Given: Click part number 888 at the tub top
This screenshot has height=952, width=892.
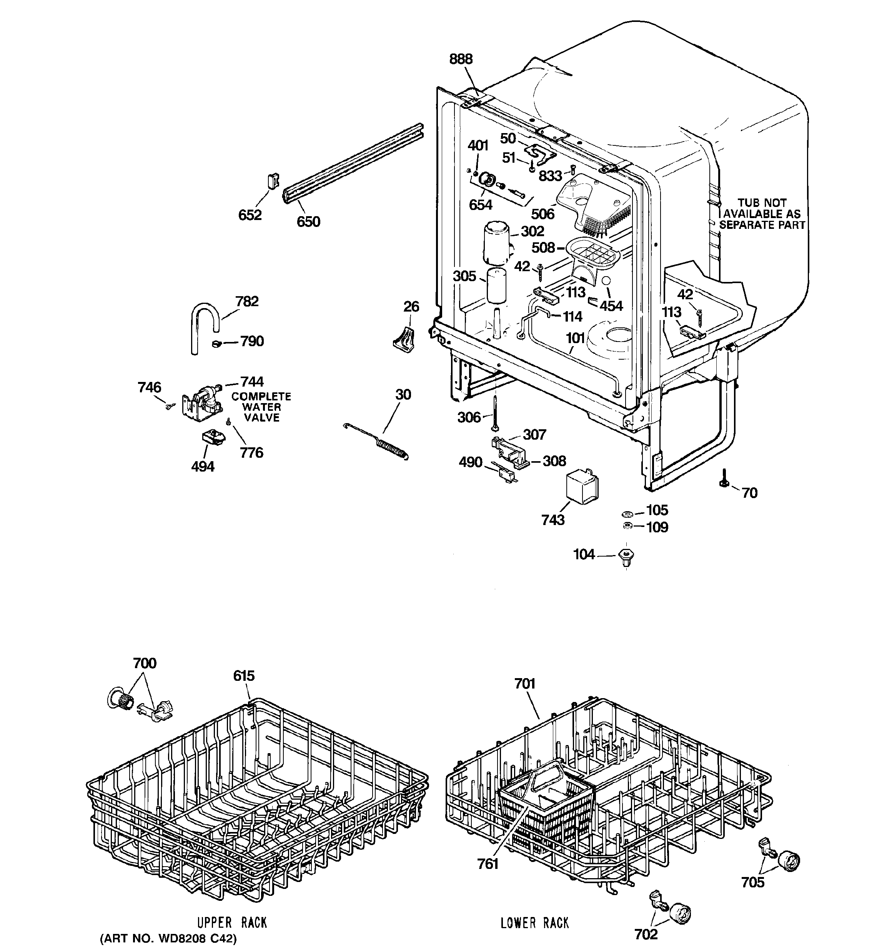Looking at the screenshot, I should point(461,59).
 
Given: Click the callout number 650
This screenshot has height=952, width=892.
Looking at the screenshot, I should point(308,222).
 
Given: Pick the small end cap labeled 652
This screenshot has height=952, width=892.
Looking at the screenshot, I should point(272,182).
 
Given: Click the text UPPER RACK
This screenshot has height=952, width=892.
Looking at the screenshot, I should point(232,922).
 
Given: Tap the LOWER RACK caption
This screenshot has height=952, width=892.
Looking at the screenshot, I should point(534,923).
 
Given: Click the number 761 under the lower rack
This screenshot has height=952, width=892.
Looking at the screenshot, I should point(488,864).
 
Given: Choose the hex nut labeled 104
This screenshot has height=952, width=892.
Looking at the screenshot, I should point(627,557).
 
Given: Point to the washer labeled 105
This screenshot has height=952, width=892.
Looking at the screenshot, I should point(627,514).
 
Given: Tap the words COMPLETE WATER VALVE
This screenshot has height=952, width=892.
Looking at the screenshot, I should point(261,407).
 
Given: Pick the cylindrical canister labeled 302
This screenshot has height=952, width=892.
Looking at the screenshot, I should point(496,243).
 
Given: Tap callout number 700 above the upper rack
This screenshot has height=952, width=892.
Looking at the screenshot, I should point(145,663).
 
